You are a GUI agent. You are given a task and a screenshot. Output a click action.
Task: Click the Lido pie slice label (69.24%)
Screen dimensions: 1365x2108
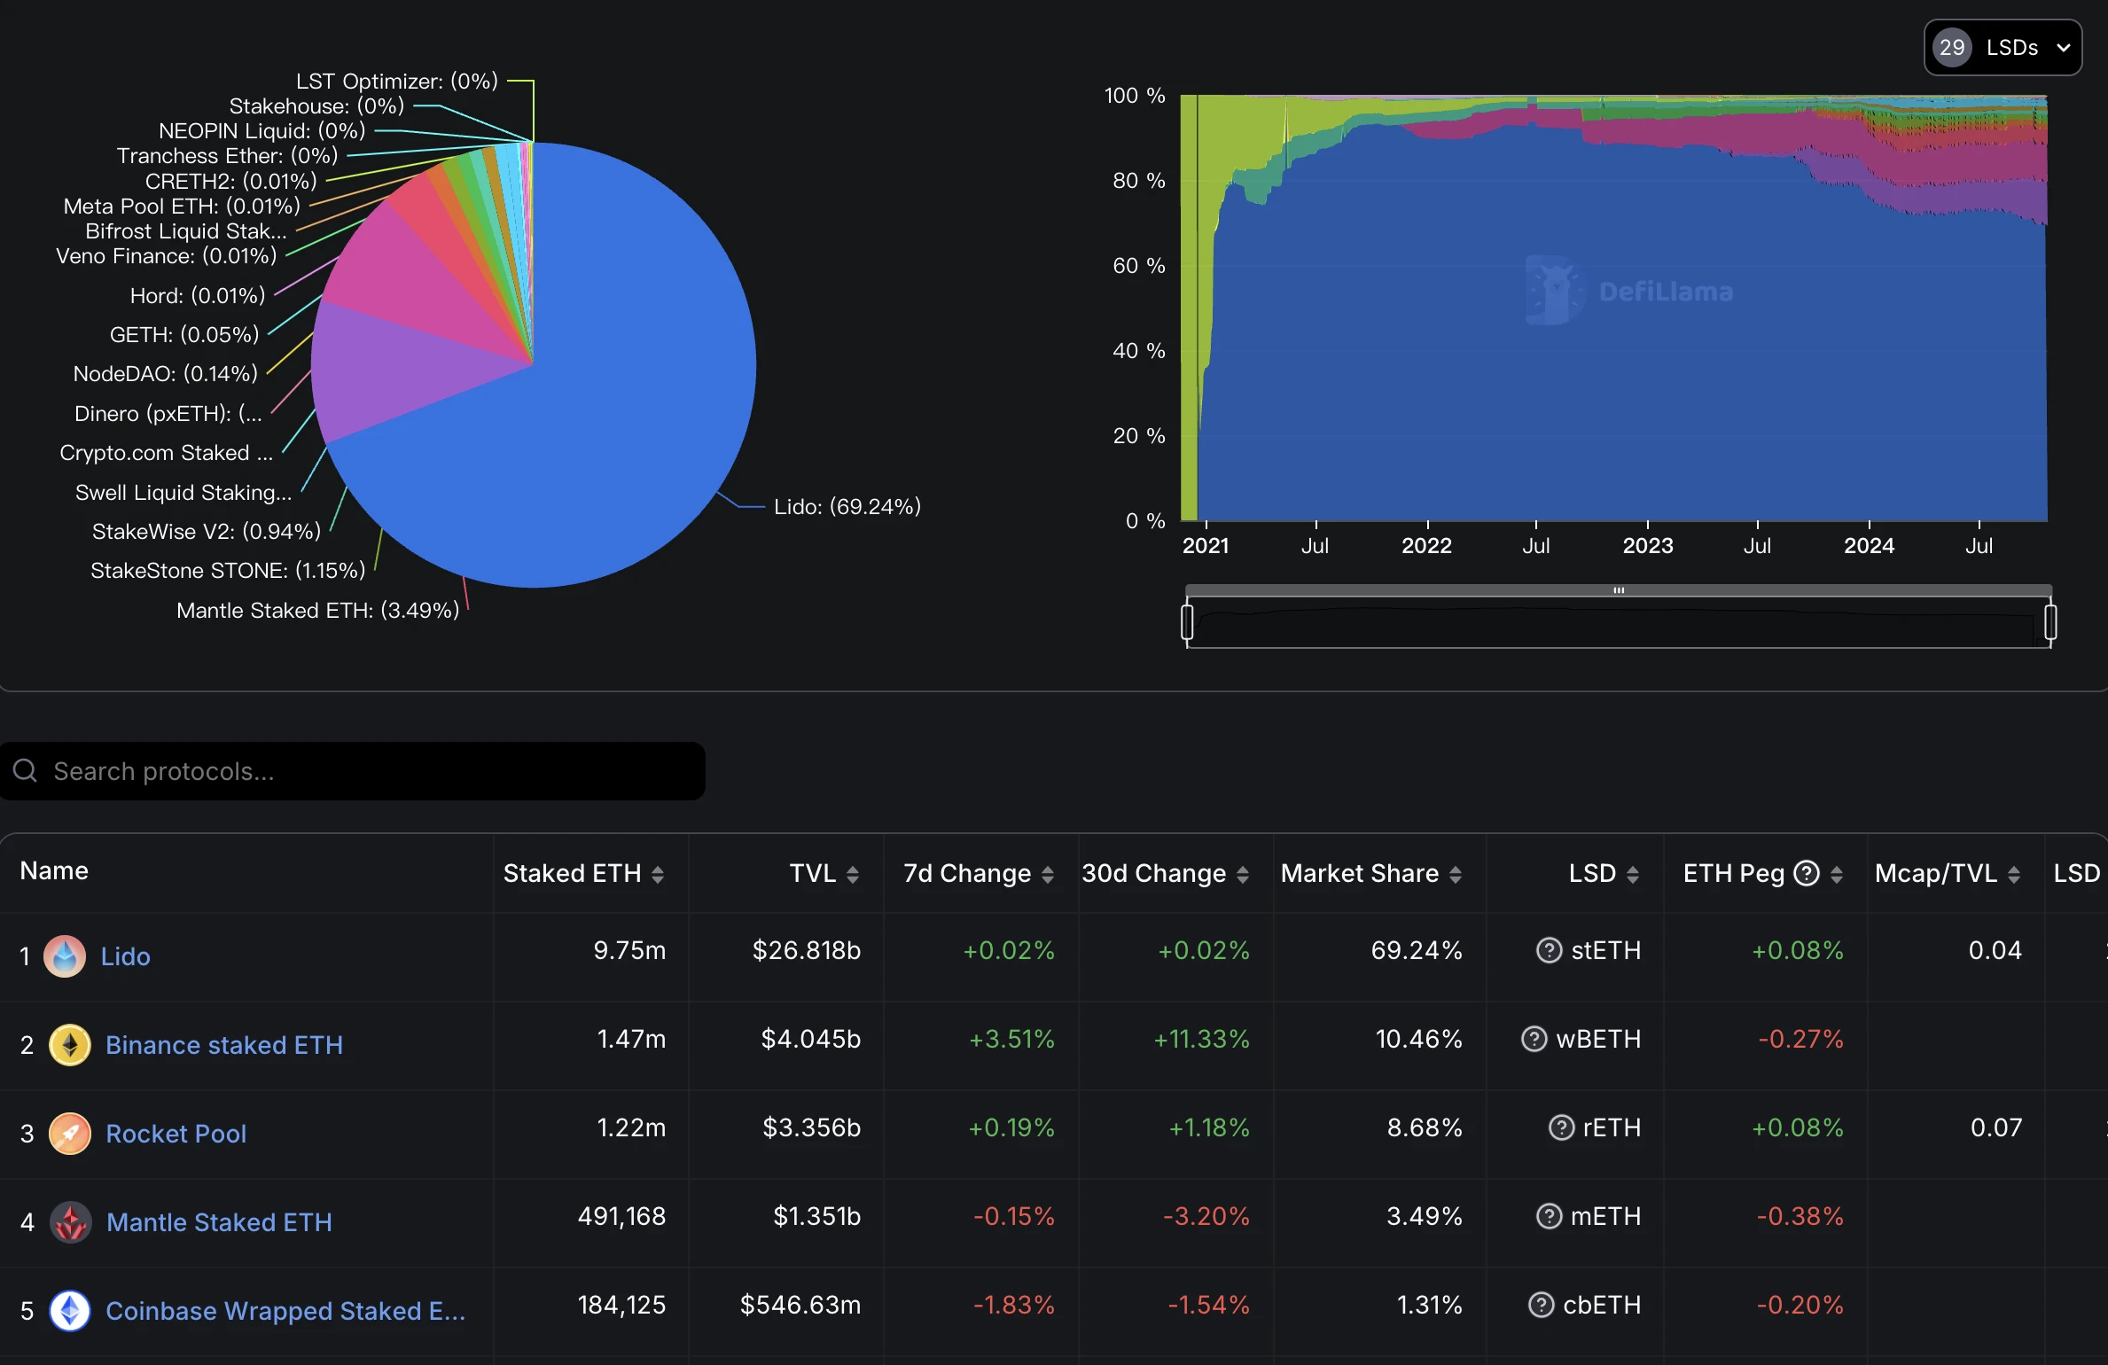(x=847, y=506)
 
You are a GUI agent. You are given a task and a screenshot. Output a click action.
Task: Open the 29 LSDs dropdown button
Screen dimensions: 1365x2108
(x=2002, y=48)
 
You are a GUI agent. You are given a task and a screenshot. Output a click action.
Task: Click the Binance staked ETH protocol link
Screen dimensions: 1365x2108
(x=223, y=1045)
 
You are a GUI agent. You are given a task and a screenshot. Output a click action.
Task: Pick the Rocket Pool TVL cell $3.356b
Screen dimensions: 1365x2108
(x=811, y=1127)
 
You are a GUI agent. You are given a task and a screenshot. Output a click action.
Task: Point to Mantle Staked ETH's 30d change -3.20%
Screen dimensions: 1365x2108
(x=1206, y=1216)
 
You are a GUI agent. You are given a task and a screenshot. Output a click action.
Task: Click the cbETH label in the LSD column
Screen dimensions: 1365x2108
(x=1601, y=1305)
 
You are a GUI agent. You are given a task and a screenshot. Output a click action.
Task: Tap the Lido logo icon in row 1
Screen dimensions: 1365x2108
(x=65, y=956)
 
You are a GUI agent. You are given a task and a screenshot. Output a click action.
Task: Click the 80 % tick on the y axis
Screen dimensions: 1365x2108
(x=1138, y=181)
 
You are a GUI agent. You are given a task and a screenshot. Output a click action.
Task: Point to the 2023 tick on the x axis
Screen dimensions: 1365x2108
(x=1647, y=545)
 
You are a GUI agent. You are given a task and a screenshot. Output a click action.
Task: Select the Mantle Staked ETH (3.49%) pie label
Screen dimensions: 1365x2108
(x=317, y=610)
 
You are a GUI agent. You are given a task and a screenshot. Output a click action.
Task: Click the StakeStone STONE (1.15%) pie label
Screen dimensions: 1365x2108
(x=228, y=570)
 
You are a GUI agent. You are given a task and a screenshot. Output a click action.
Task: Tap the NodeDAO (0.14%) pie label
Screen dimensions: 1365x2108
(x=166, y=373)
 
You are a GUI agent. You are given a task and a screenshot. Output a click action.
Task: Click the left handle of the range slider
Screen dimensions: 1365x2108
(x=1187, y=621)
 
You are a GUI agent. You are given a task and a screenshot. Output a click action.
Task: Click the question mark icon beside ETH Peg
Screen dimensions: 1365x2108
(x=1806, y=873)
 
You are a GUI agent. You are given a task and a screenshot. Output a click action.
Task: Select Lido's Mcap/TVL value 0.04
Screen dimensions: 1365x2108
(x=1995, y=950)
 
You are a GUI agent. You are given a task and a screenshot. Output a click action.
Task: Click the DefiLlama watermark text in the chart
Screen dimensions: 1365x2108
(x=1665, y=292)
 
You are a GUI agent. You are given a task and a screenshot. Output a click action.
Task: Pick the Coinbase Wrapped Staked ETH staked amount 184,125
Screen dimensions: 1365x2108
(x=621, y=1305)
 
